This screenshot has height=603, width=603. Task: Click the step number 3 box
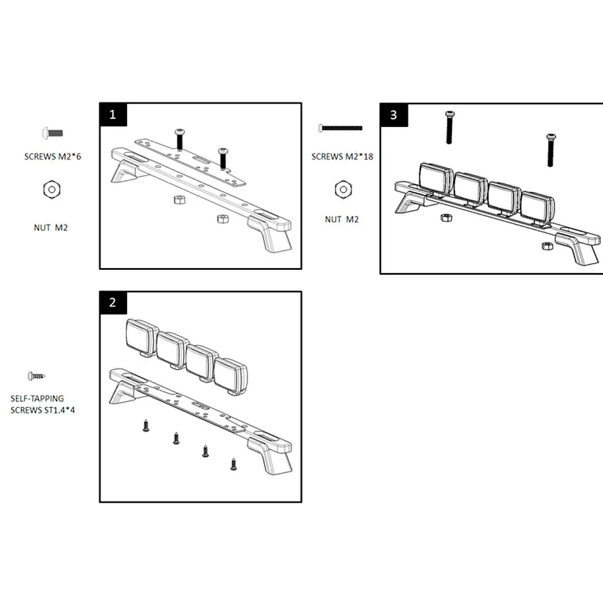pyautogui.click(x=393, y=115)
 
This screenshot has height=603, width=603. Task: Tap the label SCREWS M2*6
pyautogui.click(x=52, y=156)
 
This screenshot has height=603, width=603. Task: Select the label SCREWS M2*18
pyautogui.click(x=343, y=156)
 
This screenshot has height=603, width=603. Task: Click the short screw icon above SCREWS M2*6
pyautogui.click(x=52, y=132)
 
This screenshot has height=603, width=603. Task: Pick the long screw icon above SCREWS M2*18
pyautogui.click(x=341, y=128)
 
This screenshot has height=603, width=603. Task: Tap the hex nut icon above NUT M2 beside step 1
pyautogui.click(x=51, y=190)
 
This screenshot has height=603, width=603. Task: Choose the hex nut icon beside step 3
pyautogui.click(x=343, y=189)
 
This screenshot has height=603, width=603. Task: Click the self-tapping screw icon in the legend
pyautogui.click(x=36, y=376)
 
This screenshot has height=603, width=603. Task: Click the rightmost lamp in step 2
pyautogui.click(x=230, y=375)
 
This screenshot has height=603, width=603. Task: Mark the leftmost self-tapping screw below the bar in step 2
pyautogui.click(x=145, y=426)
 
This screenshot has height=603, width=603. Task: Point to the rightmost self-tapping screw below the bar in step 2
pyautogui.click(x=233, y=464)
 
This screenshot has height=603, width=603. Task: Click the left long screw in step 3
pyautogui.click(x=449, y=127)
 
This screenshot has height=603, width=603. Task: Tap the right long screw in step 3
pyautogui.click(x=551, y=150)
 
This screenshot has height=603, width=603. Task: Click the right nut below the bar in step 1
pyautogui.click(x=223, y=218)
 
